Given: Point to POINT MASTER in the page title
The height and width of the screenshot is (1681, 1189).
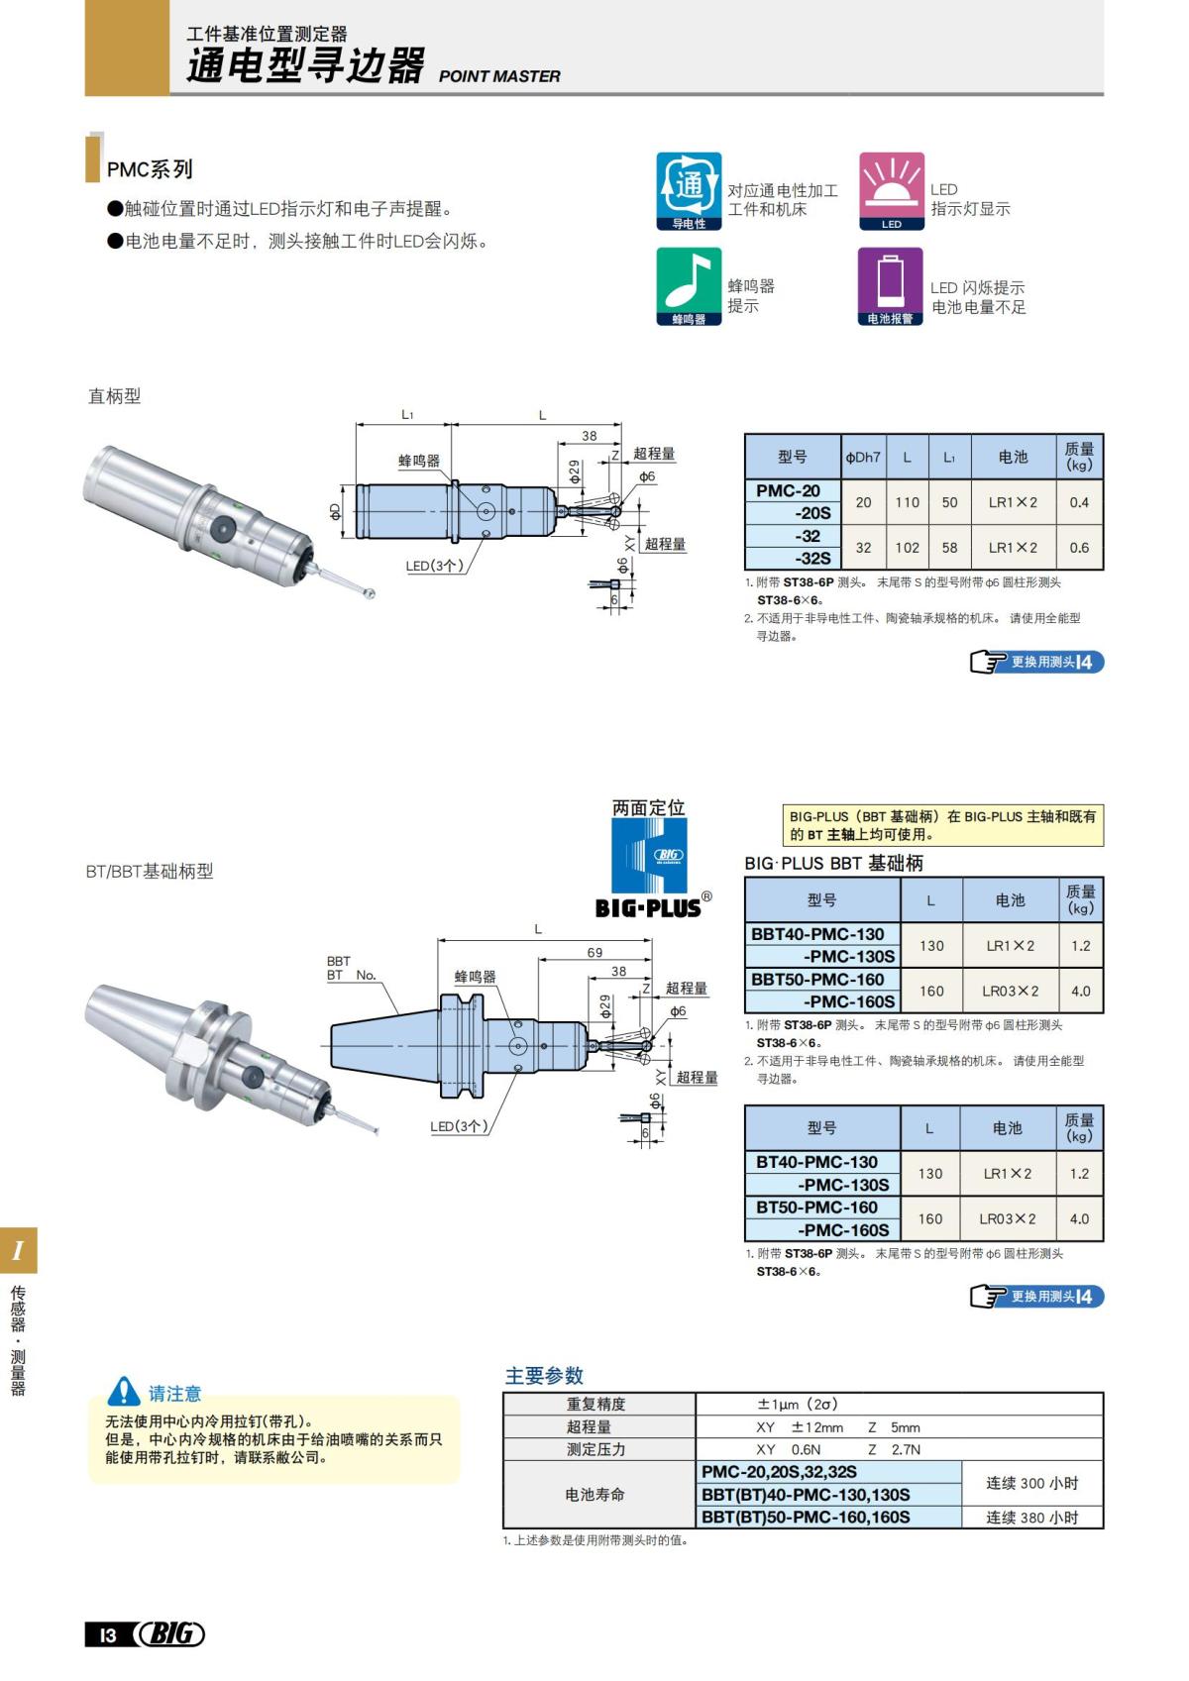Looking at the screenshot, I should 498,76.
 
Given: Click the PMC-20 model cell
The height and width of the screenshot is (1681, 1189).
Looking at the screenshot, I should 791,490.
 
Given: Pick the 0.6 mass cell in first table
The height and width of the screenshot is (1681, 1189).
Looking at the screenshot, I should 1078,547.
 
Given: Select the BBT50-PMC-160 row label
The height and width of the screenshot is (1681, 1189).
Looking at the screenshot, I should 818,979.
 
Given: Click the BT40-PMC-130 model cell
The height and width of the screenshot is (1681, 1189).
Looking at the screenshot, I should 817,1161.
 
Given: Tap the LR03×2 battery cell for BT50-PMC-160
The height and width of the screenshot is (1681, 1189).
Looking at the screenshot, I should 1008,1218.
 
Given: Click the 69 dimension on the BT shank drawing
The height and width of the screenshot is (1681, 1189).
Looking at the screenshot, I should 594,952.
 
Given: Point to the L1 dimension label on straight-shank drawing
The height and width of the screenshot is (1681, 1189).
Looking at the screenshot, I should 407,415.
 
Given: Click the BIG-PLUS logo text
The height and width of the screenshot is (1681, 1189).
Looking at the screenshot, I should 648,906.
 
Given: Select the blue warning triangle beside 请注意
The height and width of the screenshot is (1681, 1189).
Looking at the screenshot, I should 124,1392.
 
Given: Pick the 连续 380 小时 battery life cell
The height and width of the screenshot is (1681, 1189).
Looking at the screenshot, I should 1031,1517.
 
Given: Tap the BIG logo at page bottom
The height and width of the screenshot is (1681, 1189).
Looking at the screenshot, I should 169,1633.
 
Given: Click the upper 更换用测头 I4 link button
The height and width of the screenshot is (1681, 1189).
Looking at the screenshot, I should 1036,662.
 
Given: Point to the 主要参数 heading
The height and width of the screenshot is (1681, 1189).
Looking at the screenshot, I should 544,1375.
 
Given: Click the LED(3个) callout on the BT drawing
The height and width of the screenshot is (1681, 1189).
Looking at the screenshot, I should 458,1126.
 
